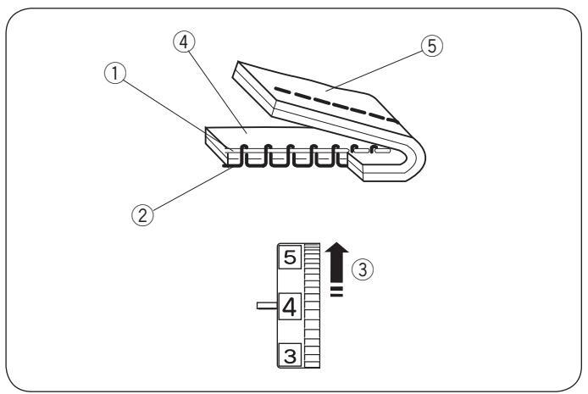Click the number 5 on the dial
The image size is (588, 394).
click(289, 257)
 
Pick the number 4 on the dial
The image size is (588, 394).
click(289, 303)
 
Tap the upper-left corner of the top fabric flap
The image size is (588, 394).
click(240, 64)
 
